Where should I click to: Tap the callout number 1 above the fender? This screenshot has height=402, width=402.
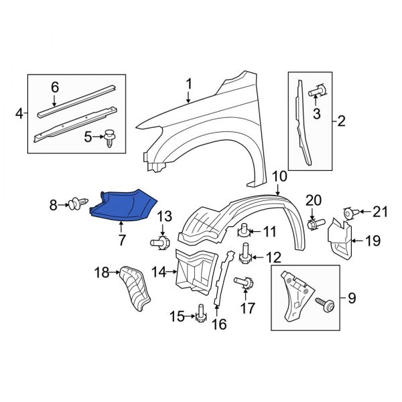click(188, 84)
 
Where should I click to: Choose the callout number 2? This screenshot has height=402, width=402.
click(341, 121)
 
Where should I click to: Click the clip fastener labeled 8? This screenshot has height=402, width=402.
click(78, 202)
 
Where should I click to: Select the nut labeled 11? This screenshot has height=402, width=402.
click(246, 232)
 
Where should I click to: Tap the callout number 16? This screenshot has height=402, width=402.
click(218, 325)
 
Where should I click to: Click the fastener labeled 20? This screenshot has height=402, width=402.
click(314, 222)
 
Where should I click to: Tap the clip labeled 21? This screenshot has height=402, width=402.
click(349, 213)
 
